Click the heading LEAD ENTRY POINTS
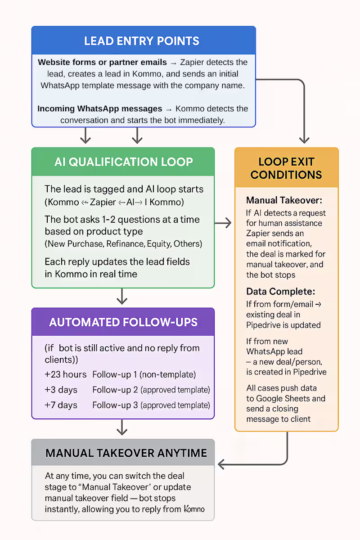point(142,41)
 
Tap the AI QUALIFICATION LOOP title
point(123,162)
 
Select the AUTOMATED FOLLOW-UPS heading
point(123,322)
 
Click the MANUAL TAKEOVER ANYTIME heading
point(126,453)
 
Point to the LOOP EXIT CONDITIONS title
point(286,168)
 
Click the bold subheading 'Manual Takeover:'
point(284,200)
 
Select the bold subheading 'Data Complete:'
point(281,292)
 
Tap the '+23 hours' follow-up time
point(65,374)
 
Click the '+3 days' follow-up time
point(61,390)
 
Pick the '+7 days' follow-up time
point(61,405)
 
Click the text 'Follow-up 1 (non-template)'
point(144,374)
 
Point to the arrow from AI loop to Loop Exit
point(223,223)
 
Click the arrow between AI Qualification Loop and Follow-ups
point(122,296)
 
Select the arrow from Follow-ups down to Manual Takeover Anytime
point(122,427)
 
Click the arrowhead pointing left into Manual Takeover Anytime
point(221,464)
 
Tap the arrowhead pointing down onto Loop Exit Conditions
point(304,140)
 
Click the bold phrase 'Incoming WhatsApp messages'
point(99,109)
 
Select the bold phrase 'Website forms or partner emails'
point(102,62)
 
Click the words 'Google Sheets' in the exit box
point(283,399)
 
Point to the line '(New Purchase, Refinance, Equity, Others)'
point(123,244)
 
